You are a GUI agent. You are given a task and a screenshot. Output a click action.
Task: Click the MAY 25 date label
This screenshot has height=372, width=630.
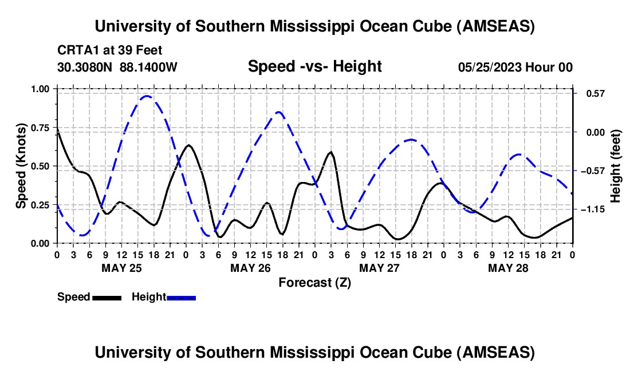tap(121, 267)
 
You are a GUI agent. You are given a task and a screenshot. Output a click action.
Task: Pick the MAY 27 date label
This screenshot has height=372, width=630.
tap(379, 267)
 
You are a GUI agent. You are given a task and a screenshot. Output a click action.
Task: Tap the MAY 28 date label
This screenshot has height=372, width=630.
tap(508, 267)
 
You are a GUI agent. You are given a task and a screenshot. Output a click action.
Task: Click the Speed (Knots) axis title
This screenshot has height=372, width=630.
tap(21, 166)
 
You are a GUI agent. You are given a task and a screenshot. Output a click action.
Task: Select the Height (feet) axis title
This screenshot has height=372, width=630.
tap(616, 166)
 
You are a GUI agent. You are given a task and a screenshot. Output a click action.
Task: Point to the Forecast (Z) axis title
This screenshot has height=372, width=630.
tap(314, 282)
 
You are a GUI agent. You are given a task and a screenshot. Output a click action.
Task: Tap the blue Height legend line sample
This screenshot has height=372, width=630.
tap(182, 298)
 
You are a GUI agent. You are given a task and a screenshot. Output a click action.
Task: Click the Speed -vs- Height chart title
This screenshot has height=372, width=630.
tap(314, 66)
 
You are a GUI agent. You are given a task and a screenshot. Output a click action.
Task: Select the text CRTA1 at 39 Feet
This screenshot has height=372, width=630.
tap(109, 50)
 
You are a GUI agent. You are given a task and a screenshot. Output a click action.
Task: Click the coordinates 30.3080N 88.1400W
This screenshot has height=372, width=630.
tap(117, 67)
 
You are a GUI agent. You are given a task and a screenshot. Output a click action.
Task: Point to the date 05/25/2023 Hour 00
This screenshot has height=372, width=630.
tap(515, 67)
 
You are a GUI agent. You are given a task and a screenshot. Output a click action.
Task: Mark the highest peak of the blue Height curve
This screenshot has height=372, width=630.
tap(147, 96)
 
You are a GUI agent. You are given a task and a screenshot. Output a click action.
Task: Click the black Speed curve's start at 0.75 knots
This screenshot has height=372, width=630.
tap(57, 129)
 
